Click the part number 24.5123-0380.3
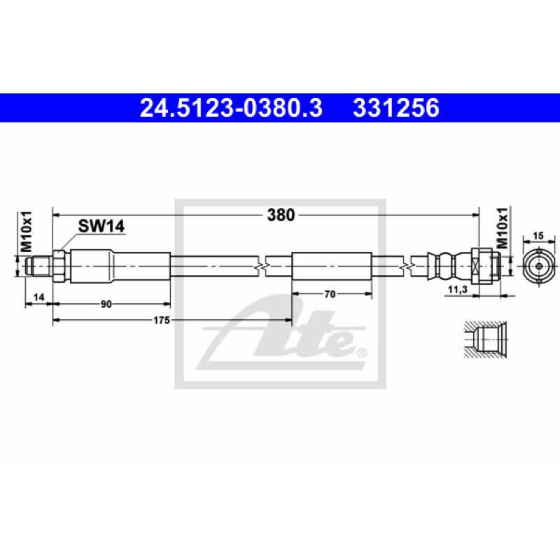[231, 108]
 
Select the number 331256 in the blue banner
[396, 108]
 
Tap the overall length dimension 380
[281, 215]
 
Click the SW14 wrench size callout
[101, 226]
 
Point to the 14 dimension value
[38, 297]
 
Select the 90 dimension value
[106, 304]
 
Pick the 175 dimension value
[162, 321]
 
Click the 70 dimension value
[330, 294]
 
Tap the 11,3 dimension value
[458, 289]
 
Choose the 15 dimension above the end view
[538, 236]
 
